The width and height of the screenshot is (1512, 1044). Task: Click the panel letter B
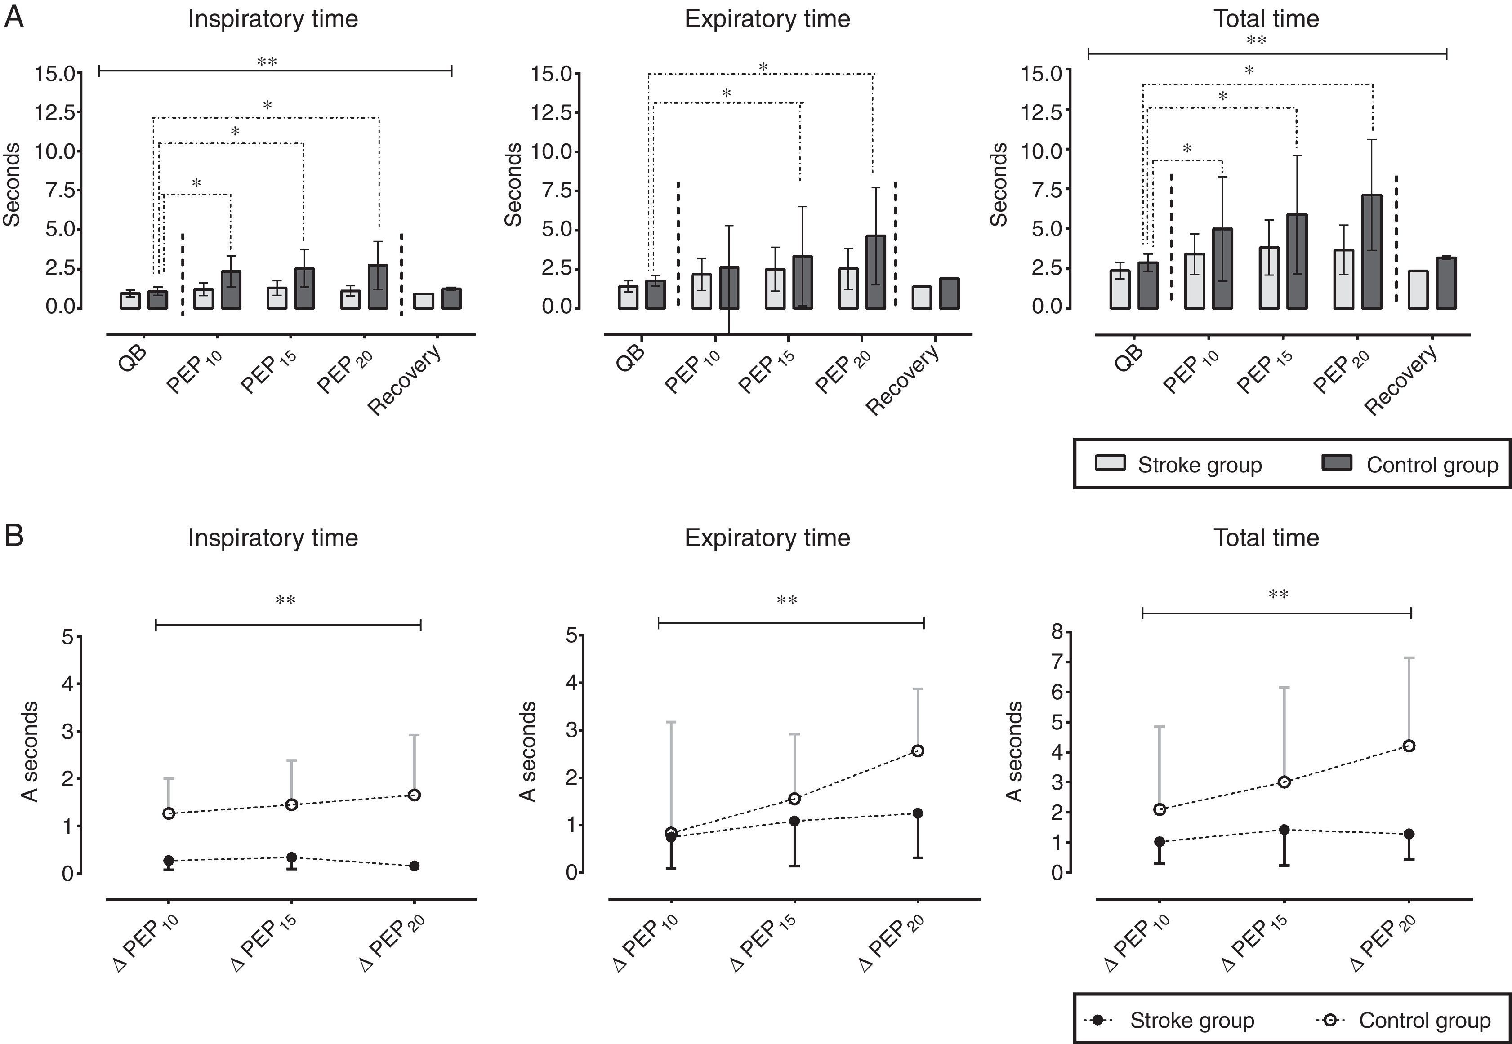pyautogui.click(x=14, y=536)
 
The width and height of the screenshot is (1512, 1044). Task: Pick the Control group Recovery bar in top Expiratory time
pyautogui.click(x=950, y=293)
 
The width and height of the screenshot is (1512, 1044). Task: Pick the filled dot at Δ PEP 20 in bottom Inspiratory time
pyautogui.click(x=414, y=866)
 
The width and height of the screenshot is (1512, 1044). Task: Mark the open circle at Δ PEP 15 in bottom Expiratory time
pyautogui.click(x=795, y=799)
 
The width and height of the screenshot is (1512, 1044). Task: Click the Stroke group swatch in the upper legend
pyautogui.click(x=1110, y=463)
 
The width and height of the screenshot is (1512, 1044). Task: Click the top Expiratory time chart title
pyautogui.click(x=767, y=19)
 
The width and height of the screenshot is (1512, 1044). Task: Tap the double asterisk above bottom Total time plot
pyautogui.click(x=1278, y=595)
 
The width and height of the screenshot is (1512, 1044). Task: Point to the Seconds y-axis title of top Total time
pyautogui.click(x=999, y=185)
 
